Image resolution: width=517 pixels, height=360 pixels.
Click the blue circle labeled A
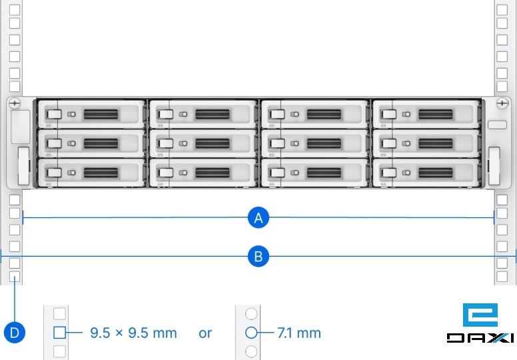pyautogui.click(x=258, y=217)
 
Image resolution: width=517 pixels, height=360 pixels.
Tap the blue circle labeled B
pyautogui.click(x=258, y=256)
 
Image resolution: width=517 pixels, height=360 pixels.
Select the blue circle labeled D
pyautogui.click(x=14, y=331)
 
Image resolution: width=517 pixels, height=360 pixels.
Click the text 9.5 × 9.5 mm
pyautogui.click(x=133, y=333)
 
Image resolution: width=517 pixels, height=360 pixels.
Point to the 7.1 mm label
pyautogui.click(x=299, y=333)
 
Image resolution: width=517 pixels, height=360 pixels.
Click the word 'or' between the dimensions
pyautogui.click(x=205, y=333)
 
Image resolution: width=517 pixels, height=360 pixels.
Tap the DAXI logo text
pyautogui.click(x=480, y=338)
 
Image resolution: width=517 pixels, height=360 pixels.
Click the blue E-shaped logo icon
pyautogui.click(x=479, y=315)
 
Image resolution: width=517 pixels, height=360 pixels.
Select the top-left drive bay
pyautogui.click(x=92, y=114)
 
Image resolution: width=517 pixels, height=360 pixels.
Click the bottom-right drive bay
pyautogui.click(x=426, y=173)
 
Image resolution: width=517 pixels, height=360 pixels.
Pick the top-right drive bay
pyautogui.click(x=426, y=114)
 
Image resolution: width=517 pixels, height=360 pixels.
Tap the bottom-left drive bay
pyautogui.click(x=92, y=173)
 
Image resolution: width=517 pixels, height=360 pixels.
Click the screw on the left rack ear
pyautogui.click(x=15, y=103)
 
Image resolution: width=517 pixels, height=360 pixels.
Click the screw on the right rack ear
pyautogui.click(x=502, y=103)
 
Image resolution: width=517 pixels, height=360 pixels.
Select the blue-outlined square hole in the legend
pyautogui.click(x=59, y=333)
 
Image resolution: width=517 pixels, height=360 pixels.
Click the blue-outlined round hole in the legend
pyautogui.click(x=251, y=333)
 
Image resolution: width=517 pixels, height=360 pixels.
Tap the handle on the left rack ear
pyautogui.click(x=23, y=166)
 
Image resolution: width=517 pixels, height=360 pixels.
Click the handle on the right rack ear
pyautogui.click(x=494, y=166)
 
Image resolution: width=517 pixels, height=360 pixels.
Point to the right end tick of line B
pyautogui.click(x=516, y=256)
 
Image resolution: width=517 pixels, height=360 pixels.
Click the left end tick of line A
pyautogui.click(x=23, y=217)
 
